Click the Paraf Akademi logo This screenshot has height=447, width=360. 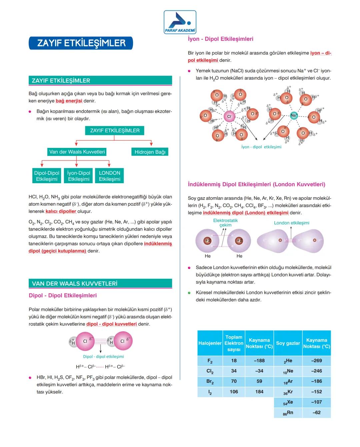[180, 22]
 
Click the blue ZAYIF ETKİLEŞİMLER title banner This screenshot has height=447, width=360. [81, 43]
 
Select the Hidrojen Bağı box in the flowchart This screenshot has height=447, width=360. [150, 152]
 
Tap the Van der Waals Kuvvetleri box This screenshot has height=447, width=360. [77, 152]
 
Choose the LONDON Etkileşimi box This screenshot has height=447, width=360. [109, 176]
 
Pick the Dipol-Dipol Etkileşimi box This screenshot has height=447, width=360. [47, 176]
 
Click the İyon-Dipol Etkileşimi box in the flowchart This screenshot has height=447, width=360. [79, 176]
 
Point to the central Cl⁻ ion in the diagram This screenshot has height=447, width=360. [229, 117]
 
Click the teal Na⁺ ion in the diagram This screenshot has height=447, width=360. [294, 116]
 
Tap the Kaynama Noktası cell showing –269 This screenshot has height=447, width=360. [316, 361]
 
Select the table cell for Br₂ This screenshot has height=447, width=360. [210, 381]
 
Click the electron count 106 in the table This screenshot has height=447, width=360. [234, 392]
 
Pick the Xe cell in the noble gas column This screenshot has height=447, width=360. [288, 402]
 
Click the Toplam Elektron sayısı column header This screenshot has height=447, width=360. [234, 343]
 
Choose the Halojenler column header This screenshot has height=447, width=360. [210, 343]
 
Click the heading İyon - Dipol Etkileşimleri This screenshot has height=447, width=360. [220, 39]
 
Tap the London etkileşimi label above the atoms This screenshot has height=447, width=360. [291, 223]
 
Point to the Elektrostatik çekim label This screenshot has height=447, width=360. [225, 223]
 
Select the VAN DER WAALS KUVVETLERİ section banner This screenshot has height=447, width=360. [100, 284]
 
